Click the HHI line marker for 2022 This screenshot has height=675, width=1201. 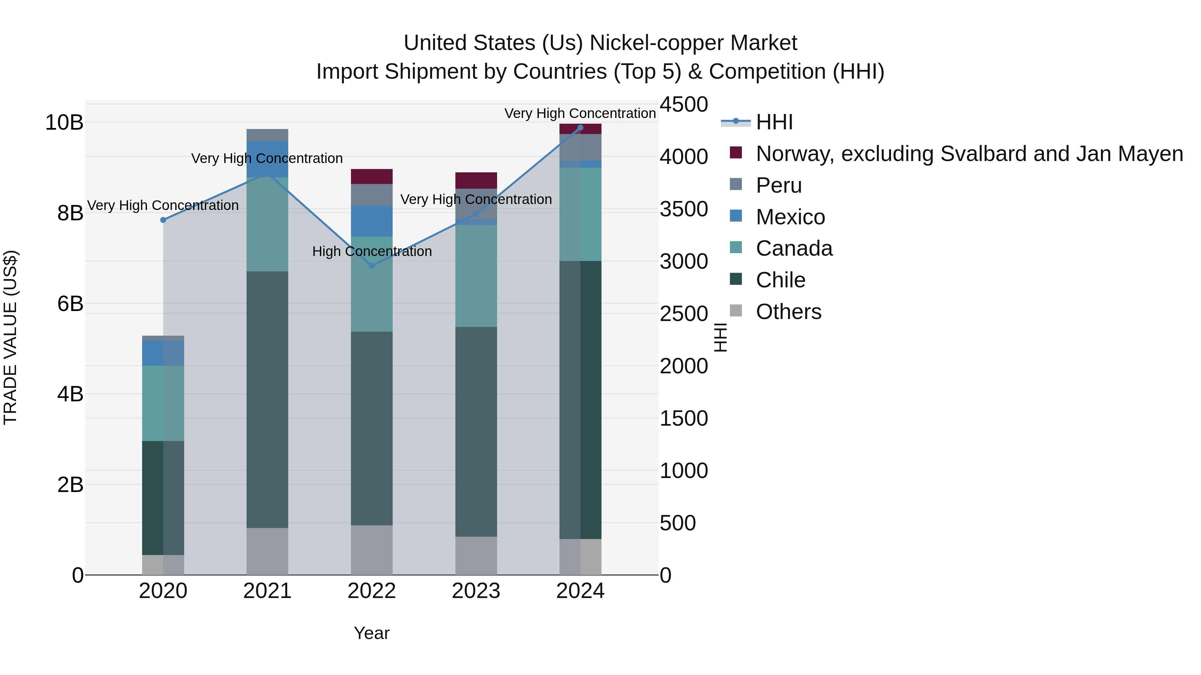point(372,266)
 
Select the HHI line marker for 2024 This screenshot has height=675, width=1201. point(580,128)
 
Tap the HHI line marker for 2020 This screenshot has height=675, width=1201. point(163,220)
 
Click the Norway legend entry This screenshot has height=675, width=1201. point(969,154)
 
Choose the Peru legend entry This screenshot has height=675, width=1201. point(779,185)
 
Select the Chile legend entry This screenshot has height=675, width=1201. point(780,280)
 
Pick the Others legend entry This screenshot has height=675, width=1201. point(788,312)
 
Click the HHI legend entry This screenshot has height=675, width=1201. point(774,122)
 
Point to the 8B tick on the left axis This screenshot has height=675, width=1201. point(70,213)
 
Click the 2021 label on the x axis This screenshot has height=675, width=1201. point(267,591)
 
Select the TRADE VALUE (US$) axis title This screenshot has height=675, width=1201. point(10,337)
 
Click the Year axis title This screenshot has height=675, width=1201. point(372,633)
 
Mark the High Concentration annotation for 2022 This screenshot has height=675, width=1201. point(372,252)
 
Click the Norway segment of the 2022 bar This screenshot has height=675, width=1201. point(372,177)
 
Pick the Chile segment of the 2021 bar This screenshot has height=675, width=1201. point(267,399)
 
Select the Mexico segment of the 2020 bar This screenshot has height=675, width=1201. point(163,353)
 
